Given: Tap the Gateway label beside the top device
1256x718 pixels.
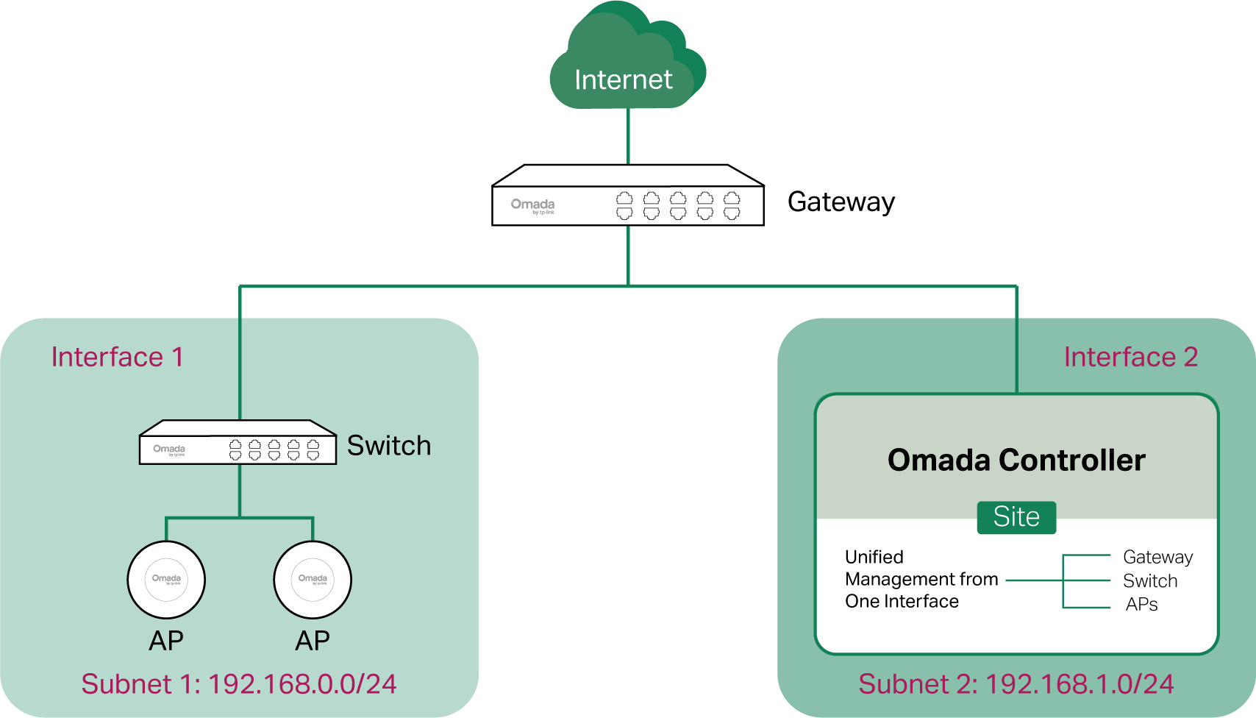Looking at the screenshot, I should (x=841, y=202).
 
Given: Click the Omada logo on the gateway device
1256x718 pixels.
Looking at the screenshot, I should (x=532, y=205).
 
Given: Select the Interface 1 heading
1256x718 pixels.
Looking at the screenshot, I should (x=117, y=357).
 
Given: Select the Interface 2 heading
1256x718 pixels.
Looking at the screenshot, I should (x=1130, y=357).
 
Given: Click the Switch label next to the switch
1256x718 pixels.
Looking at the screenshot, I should (x=388, y=445).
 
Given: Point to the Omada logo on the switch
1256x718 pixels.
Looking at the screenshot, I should (x=169, y=449).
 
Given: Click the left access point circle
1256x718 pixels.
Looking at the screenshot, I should (x=166, y=580).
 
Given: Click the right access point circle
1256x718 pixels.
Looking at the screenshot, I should (x=313, y=580).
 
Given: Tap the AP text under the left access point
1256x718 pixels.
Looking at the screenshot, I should (x=166, y=641).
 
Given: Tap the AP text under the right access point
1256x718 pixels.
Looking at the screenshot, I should (x=313, y=641).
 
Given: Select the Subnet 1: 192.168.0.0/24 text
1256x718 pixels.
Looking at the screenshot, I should (x=239, y=684).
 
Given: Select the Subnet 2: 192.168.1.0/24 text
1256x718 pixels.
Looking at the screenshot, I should (x=1016, y=684).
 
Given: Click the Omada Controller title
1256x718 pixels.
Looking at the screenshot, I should (x=1016, y=460).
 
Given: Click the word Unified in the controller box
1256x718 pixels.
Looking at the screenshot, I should (x=874, y=557).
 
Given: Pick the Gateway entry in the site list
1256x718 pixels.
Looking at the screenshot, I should (x=1157, y=558).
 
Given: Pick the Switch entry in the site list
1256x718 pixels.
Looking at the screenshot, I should (x=1150, y=581).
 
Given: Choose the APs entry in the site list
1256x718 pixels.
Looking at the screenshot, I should (x=1141, y=605).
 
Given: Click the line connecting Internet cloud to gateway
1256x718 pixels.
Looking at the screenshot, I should (x=628, y=137).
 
